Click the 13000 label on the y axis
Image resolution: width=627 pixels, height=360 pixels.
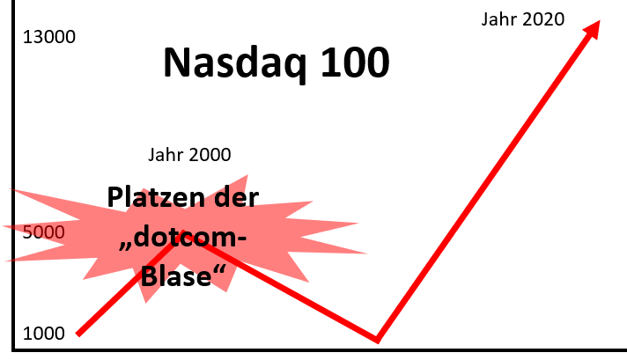[x=49, y=37]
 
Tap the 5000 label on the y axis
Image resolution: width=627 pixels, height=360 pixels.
[x=43, y=232]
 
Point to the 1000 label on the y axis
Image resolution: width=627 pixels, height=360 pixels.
[x=43, y=334]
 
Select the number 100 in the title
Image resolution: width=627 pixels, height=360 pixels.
[x=355, y=62]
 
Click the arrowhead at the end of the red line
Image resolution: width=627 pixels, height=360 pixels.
[x=592, y=30]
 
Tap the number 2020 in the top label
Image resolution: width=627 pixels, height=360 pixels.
[x=543, y=19]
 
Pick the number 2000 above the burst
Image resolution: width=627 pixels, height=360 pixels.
[x=210, y=155]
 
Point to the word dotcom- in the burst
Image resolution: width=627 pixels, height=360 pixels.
[x=190, y=238]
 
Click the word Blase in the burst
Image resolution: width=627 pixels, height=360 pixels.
[x=176, y=276]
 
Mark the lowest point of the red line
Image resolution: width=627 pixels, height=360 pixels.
[x=377, y=341]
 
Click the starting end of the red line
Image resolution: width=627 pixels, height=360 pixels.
[x=78, y=334]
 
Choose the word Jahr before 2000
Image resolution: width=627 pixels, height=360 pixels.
[x=166, y=155]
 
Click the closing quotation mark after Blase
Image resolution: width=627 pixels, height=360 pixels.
[x=219, y=268]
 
